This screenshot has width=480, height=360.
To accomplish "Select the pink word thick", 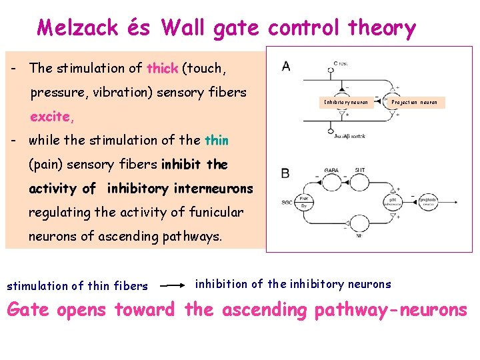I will pos(163,68).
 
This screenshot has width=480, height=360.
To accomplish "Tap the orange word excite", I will pos(51,117).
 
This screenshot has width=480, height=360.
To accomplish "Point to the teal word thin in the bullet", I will pos(217,140).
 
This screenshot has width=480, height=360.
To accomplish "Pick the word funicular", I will pos(210,212).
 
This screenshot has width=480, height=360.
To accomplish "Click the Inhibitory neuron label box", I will pos(346,103).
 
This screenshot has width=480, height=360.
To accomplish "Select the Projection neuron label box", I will pos(415,103).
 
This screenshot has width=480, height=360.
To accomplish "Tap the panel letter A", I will pos(286,65).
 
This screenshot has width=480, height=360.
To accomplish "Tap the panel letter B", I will pos(285,173).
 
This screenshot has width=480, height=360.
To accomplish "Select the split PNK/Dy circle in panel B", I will pos(304,201).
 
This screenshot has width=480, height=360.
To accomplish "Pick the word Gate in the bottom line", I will pos(32,310).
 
